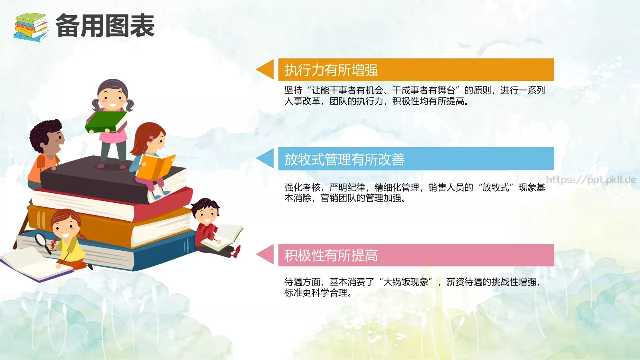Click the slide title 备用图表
point(105,26)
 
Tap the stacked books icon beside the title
point(30,27)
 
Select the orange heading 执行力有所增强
point(331,70)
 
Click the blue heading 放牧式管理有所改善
point(344,159)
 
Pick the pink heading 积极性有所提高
point(331,255)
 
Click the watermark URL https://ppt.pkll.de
point(591,180)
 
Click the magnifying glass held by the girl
point(42,241)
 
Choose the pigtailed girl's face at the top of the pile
point(112,98)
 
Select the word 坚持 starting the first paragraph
point(293,90)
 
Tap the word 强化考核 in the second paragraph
point(302,188)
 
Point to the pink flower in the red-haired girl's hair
point(151,138)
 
